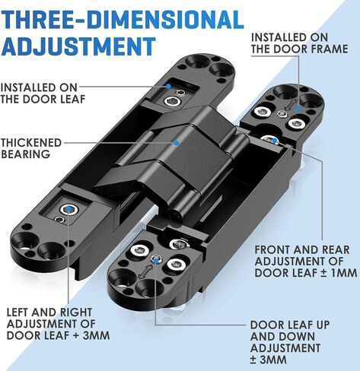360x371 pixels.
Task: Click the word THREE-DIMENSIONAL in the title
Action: coord(123,20)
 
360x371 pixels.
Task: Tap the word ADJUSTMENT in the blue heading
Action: coord(78,46)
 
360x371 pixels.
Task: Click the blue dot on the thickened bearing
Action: coord(177,143)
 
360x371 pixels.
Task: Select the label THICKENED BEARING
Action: coord(31,148)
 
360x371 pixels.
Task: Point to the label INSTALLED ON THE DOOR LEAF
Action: coord(43,94)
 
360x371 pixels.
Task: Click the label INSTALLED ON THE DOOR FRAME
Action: coord(299,43)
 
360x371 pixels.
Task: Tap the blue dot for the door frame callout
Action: coord(299,109)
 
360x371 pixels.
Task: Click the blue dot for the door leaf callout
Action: coord(168,86)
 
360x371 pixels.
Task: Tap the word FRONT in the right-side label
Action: coord(272,250)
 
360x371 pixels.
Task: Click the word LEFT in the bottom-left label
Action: coord(18,312)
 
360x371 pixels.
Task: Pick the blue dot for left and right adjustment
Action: coord(68,208)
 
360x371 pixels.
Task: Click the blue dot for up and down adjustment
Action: coord(156,259)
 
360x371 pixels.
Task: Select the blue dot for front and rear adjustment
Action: coord(274,140)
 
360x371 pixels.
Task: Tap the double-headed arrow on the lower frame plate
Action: coord(144,271)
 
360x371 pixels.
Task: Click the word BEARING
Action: coord(25,154)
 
